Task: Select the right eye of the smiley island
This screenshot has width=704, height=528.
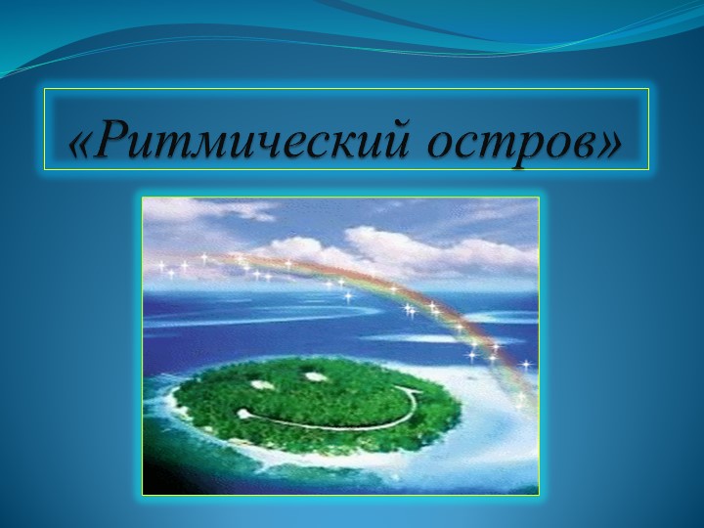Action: (x=315, y=374)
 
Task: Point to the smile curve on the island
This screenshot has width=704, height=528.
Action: (x=323, y=422)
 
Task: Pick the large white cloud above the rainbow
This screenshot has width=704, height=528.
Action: (x=411, y=244)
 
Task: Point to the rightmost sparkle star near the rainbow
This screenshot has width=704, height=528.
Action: (x=526, y=365)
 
